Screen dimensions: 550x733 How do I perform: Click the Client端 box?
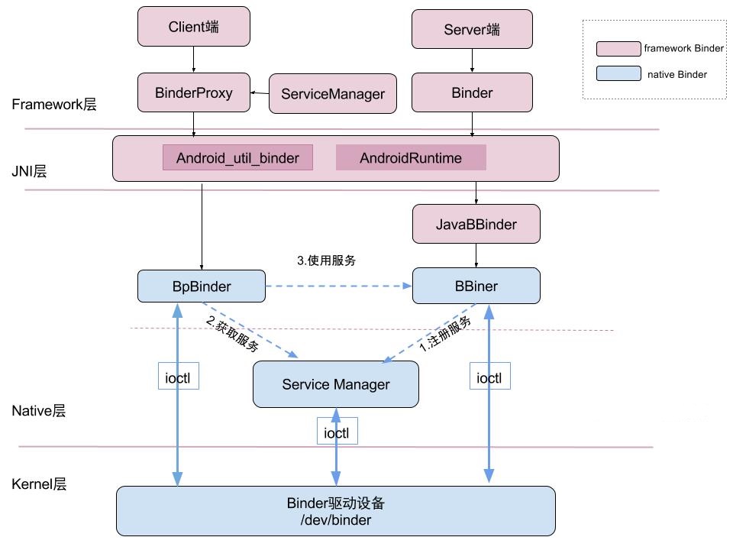pos(193,27)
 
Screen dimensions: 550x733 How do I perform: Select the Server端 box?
pos(472,29)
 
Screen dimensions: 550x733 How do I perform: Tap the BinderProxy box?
pos(193,93)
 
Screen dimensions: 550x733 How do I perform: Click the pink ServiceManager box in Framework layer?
pos(333,94)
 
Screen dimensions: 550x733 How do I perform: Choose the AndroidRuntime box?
pos(411,158)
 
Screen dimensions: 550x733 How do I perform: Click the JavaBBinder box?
pos(476,225)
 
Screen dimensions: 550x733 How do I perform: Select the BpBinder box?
pos(202,286)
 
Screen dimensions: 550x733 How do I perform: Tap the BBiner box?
pos(476,286)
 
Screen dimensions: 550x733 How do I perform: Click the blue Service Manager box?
pos(335,384)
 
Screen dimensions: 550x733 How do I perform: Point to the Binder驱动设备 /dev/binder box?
pos(335,511)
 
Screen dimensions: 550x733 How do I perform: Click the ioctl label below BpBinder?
pos(178,377)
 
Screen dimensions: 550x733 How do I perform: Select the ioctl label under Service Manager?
pos(337,432)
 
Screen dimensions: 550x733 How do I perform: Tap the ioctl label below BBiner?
pos(489,377)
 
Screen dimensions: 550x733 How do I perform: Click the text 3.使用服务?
pos(326,260)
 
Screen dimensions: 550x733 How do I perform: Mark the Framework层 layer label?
pos(54,105)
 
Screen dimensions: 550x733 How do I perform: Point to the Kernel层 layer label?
pos(39,484)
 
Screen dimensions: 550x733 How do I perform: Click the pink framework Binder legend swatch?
pos(618,49)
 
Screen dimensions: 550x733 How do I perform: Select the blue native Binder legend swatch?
pos(618,74)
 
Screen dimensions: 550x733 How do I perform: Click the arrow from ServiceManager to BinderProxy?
pos(262,93)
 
